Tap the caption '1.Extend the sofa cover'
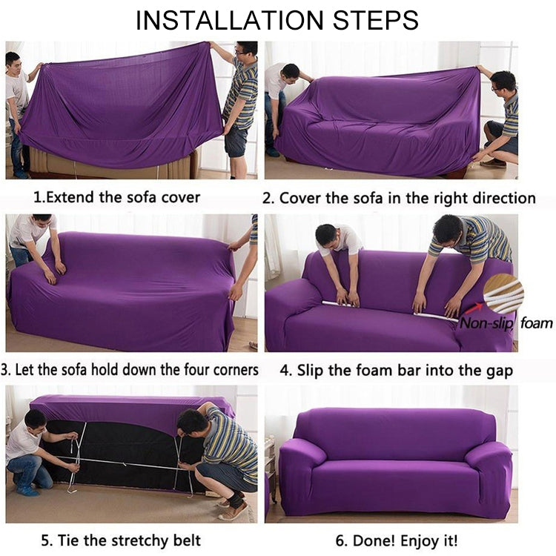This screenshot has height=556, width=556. pos(117,198)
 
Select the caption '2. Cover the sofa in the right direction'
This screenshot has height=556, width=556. pos(399,198)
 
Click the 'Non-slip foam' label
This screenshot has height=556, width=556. pos(506,322)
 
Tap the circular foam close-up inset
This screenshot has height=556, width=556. pos(503,294)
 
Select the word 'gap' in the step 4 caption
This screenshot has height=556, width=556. pos(497,370)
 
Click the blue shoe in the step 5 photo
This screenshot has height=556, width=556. pos(29,490)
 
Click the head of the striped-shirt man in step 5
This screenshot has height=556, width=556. pos(192,422)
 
